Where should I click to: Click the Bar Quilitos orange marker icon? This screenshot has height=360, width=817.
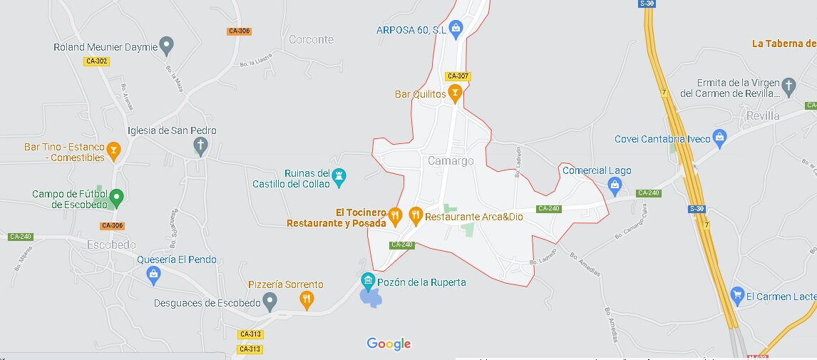click(455, 93)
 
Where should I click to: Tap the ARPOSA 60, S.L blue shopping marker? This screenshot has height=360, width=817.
click(456, 29)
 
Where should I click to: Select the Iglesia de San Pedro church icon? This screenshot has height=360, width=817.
click(201, 145)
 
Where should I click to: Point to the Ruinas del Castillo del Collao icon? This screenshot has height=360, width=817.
click(339, 176)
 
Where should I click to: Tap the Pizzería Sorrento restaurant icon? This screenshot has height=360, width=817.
click(307, 299)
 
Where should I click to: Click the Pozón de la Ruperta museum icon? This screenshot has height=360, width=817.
click(368, 281)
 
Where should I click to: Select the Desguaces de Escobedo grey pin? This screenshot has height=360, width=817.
click(269, 302)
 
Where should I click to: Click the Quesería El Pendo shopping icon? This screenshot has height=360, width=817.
click(153, 274)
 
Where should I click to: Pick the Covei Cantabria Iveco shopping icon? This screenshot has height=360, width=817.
click(719, 138)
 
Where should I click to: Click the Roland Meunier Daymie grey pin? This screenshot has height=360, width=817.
click(166, 46)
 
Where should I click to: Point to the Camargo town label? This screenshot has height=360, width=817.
click(451, 161)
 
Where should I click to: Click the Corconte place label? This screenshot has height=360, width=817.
click(311, 40)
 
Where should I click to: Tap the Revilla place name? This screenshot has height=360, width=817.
click(764, 115)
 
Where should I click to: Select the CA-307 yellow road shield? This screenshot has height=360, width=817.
click(457, 76)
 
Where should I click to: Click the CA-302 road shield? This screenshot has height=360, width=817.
click(96, 61)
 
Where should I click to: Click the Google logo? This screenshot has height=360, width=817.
click(389, 344)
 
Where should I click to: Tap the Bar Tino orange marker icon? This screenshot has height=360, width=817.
click(113, 151)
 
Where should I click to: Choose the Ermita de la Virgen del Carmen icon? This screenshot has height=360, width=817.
click(788, 86)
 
